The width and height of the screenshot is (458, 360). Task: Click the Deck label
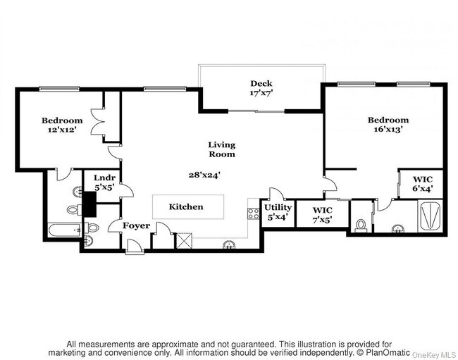pos(261,83)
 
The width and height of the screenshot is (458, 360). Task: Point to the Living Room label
pos(221,149)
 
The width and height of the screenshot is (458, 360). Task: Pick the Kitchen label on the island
pos(186,206)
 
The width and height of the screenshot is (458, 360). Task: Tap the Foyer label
pos(137,226)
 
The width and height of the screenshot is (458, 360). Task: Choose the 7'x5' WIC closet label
pos(322,215)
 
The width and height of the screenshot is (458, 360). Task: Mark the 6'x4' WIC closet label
pos(422,185)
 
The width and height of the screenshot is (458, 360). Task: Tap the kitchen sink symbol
pos(228,246)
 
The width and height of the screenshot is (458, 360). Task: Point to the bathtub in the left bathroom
pos(65,230)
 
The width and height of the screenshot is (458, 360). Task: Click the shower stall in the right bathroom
pos(430,216)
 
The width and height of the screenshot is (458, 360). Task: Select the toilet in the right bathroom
pos(361,225)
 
